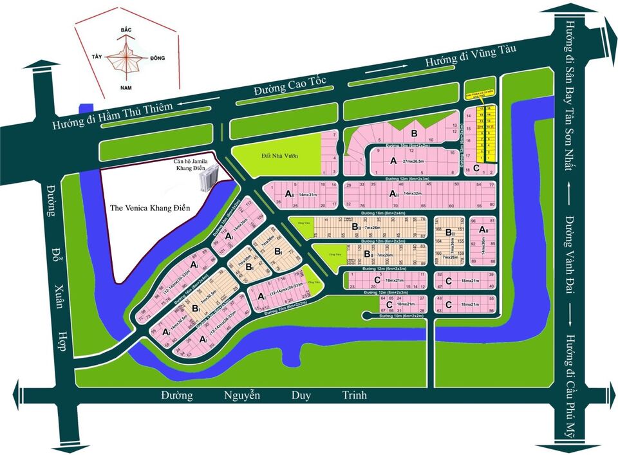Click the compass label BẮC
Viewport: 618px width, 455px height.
click(126, 30)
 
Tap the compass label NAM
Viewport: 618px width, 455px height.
click(127, 86)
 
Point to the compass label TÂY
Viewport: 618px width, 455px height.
click(97, 56)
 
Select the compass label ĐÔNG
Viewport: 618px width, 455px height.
click(156, 58)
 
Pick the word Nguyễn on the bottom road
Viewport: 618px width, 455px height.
click(242, 395)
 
